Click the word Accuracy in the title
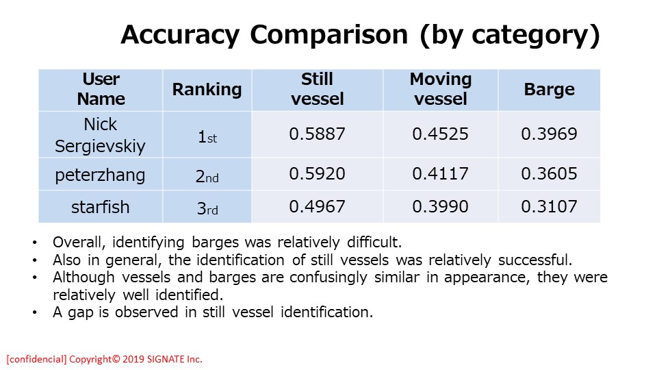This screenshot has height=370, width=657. click(x=180, y=35)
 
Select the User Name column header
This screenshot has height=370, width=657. click(x=101, y=89)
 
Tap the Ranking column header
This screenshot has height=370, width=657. click(x=207, y=90)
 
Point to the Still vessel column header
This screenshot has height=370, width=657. click(x=317, y=89)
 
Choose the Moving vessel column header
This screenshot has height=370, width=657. click(x=440, y=89)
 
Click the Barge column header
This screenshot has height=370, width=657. click(x=550, y=89)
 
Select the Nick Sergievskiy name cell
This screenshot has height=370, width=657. click(x=100, y=135)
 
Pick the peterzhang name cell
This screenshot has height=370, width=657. click(x=100, y=175)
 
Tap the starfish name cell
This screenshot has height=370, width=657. click(x=101, y=207)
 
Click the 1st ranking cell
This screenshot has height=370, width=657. click(x=207, y=138)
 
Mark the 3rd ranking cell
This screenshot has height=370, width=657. click(x=207, y=208)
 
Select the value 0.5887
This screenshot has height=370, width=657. click(x=317, y=134)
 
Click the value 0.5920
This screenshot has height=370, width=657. click(x=317, y=173)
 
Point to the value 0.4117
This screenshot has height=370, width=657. click(x=440, y=173)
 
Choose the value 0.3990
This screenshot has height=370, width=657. click(x=440, y=206)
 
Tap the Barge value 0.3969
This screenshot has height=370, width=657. click(x=550, y=134)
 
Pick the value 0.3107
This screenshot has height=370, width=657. click(x=550, y=206)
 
